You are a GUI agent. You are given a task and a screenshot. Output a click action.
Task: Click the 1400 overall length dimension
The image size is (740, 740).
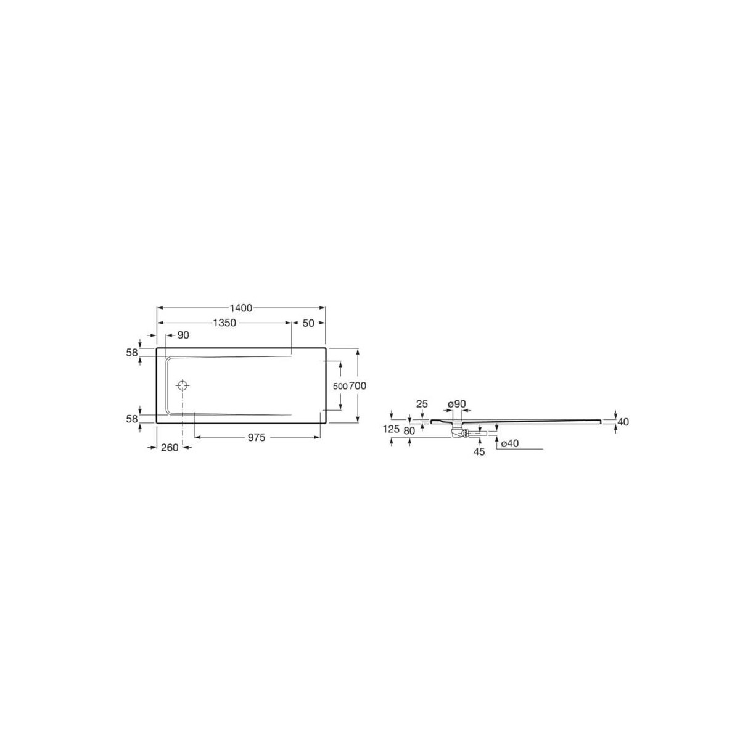point(241,307)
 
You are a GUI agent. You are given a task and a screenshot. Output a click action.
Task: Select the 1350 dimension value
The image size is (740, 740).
point(225,323)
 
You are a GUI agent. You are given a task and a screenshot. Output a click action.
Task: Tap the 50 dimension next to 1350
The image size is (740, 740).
point(308,323)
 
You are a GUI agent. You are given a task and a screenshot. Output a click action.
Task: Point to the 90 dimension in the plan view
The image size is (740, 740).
point(183,335)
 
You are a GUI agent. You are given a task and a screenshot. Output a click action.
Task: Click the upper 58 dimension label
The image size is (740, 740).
point(131,352)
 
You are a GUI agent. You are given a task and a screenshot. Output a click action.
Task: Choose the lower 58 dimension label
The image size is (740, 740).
point(131,419)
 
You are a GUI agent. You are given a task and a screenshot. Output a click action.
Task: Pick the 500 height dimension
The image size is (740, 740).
point(340,386)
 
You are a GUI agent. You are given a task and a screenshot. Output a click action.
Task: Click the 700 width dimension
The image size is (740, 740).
point(358,386)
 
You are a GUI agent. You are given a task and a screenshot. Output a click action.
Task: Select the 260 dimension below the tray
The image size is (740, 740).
point(169,448)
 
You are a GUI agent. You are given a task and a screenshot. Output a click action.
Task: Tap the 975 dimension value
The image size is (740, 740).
point(257,437)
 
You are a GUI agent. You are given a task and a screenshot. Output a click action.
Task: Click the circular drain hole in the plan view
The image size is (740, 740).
point(183,386)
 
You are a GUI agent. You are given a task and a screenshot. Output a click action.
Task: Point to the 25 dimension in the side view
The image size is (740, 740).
point(422,404)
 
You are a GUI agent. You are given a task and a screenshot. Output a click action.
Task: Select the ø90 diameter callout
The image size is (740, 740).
point(457,404)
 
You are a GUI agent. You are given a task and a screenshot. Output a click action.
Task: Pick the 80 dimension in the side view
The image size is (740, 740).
point(409,430)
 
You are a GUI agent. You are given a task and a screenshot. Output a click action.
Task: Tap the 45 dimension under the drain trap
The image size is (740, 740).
point(480,451)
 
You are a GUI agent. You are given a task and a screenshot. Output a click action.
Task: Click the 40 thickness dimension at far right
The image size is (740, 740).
point(622,422)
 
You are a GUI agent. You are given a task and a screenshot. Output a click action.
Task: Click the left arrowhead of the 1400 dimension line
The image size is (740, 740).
point(160,307)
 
